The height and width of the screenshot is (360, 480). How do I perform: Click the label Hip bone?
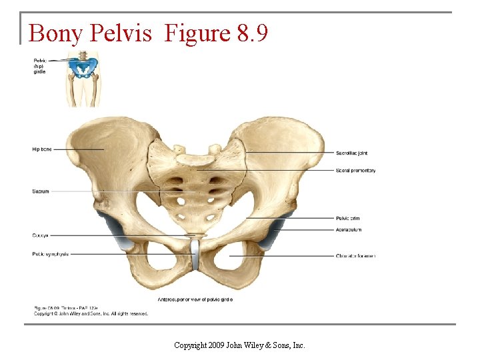[41, 149]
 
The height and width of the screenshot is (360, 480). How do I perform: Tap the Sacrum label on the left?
[41, 191]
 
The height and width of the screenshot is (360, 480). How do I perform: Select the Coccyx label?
[40, 235]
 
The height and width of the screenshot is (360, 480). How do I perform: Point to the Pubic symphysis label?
[50, 253]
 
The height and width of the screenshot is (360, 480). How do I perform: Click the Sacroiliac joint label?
[351, 153]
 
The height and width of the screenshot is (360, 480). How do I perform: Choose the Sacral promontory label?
[355, 171]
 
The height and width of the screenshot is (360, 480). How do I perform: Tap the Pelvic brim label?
[348, 218]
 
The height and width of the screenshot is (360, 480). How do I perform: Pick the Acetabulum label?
[349, 229]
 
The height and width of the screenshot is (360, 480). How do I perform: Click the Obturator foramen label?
[355, 256]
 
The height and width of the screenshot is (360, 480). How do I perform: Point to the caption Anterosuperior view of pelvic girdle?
[195, 300]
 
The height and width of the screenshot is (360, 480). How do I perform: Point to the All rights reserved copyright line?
[91, 313]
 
